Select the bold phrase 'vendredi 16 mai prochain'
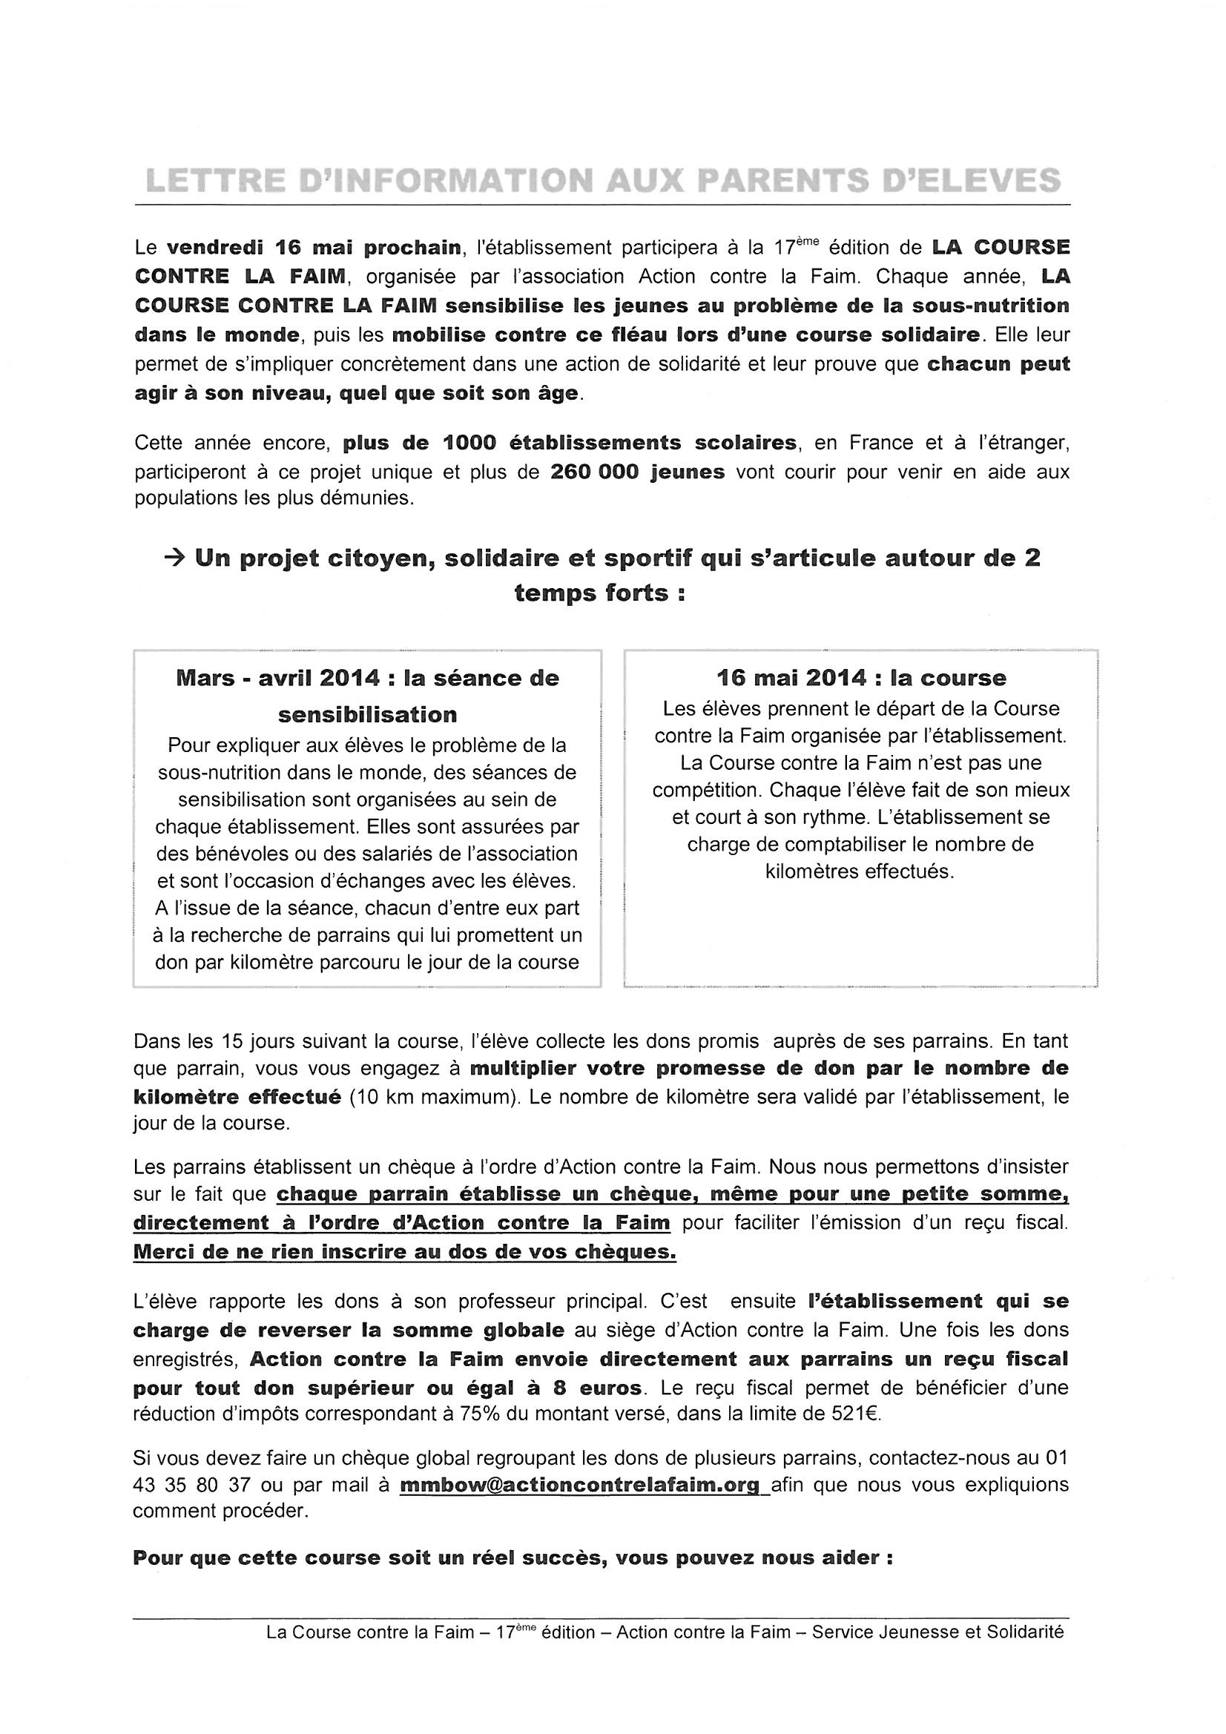tap(314, 247)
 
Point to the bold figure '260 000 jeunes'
tap(638, 472)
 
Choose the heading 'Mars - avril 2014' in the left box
tap(277, 677)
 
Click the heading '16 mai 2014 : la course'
tap(861, 677)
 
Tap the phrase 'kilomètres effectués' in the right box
tap(860, 871)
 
